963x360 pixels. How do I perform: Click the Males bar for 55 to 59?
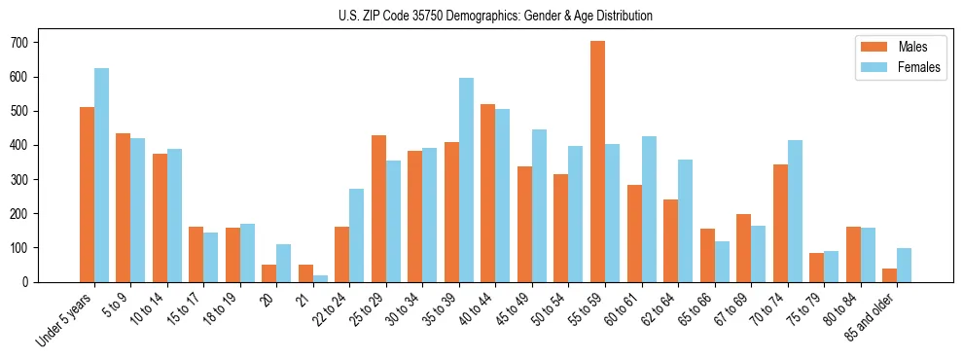coord(597,162)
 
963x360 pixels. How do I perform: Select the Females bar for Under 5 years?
coord(101,175)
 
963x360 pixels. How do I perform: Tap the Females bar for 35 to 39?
coord(466,180)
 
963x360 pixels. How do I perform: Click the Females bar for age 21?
coord(320,278)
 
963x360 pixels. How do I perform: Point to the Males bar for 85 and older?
coord(889,275)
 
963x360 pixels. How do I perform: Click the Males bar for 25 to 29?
coord(378,208)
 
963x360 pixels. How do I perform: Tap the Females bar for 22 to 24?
coord(357,235)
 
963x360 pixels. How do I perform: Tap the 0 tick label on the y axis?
coord(31,282)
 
